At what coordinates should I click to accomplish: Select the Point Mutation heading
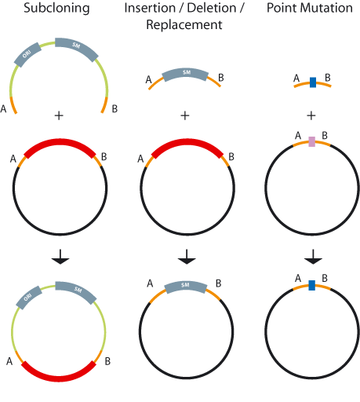[x=311, y=11]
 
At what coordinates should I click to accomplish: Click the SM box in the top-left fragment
[x=76, y=46]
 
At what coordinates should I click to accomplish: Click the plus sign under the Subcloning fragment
[x=58, y=115]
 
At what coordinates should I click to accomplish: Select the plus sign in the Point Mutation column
[x=311, y=115]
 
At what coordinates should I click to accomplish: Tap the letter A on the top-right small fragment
[x=296, y=78]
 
